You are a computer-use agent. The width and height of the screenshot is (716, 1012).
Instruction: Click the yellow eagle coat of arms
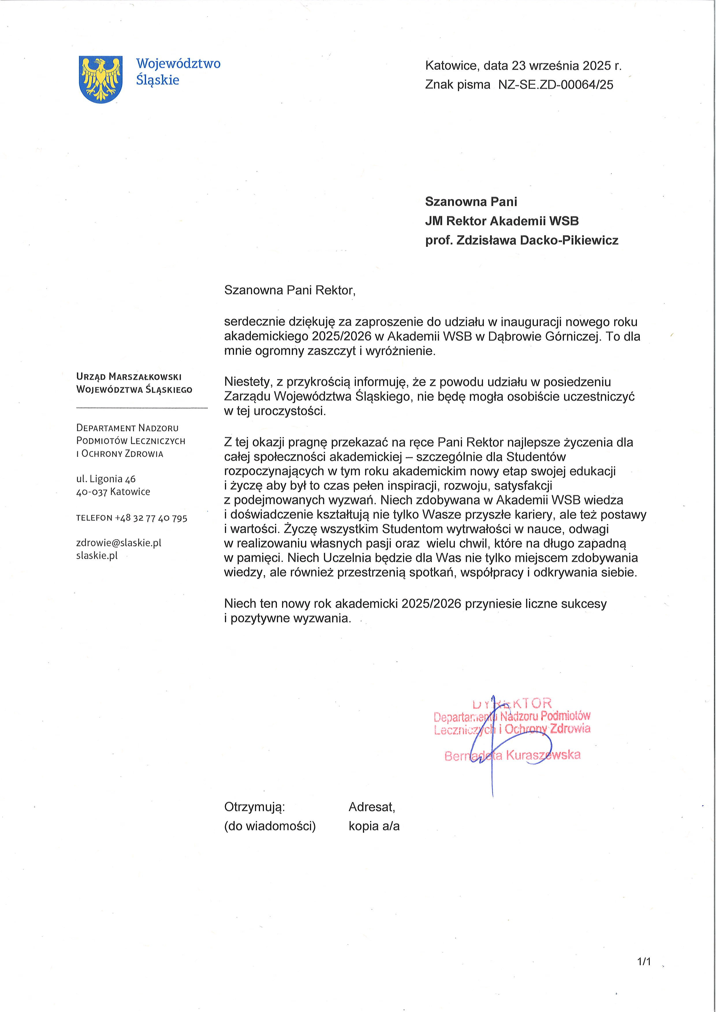click(x=100, y=79)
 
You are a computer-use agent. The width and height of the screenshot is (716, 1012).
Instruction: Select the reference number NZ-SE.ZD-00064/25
click(x=555, y=85)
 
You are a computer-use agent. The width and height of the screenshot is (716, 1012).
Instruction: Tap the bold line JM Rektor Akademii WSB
click(x=502, y=221)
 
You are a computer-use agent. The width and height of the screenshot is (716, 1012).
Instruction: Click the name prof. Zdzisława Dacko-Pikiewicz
click(x=522, y=240)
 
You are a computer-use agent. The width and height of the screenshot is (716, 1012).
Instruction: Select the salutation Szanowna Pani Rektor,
click(x=290, y=290)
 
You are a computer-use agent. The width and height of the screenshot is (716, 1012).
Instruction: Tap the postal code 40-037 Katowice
click(x=113, y=491)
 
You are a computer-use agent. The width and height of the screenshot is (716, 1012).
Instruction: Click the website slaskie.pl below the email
click(x=96, y=556)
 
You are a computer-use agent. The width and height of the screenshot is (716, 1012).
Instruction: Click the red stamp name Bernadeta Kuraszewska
click(x=512, y=755)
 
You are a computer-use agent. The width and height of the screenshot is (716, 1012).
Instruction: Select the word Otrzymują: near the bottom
click(x=254, y=807)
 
